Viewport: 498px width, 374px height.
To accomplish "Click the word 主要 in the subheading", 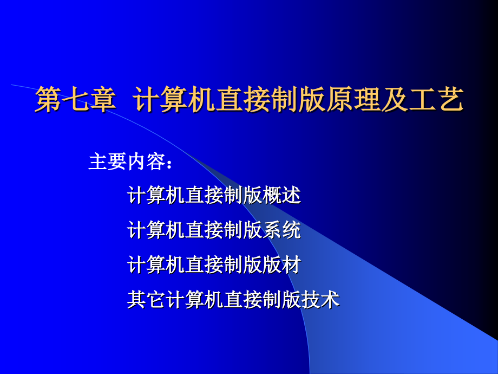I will [108, 162].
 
